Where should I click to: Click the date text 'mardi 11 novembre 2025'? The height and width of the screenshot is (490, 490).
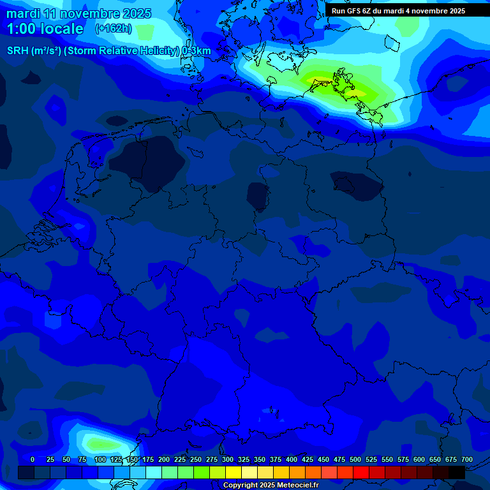tap(78, 13)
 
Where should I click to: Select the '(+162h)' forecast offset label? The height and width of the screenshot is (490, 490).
tap(114, 29)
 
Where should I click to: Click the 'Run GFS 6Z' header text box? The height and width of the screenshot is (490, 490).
tap(398, 11)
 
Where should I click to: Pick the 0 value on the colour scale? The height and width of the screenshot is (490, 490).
tap(33, 459)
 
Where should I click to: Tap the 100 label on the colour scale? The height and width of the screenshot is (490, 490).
tap(100, 459)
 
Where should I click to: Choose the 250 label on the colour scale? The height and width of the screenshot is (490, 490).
tap(196, 459)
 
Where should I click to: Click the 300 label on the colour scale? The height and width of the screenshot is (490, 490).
tap(228, 459)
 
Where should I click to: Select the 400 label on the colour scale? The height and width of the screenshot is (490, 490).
tap(292, 459)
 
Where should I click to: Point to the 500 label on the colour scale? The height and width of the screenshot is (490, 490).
tap(355, 459)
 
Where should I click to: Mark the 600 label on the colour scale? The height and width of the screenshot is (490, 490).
tap(419, 459)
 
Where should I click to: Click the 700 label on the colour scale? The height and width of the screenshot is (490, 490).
tap(467, 459)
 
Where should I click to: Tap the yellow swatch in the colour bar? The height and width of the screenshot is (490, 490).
tap(234, 472)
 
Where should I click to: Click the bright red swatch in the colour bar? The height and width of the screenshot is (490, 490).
tap(361, 472)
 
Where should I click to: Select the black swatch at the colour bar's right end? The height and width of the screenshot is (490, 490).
tap(457, 472)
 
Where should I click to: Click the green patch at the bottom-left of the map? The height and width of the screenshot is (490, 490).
tap(102, 442)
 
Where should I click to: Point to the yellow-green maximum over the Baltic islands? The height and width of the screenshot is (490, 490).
tap(335, 85)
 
